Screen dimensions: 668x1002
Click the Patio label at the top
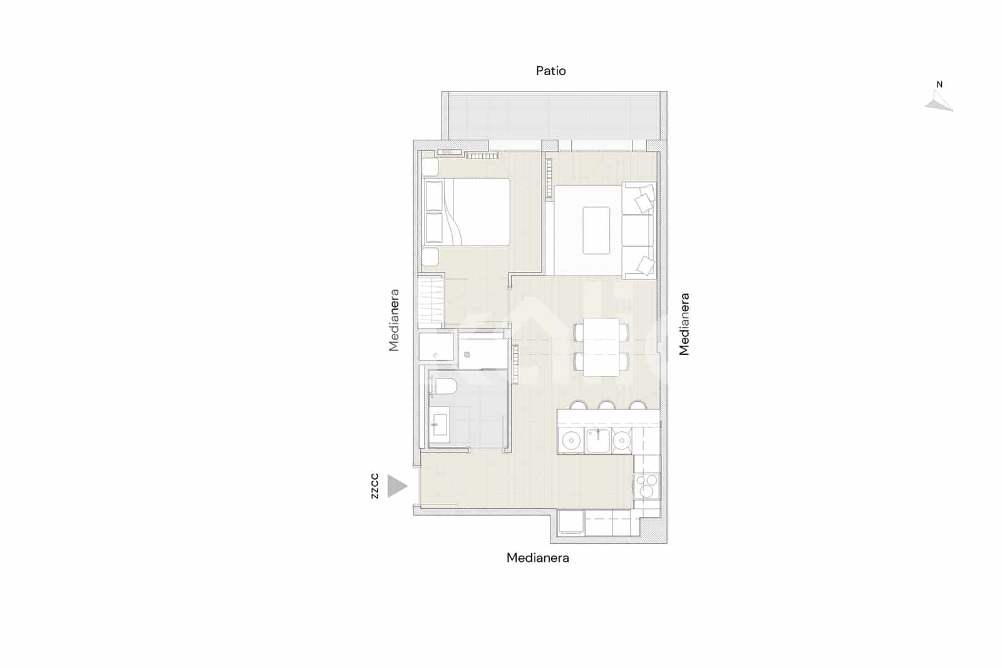pos(550,71)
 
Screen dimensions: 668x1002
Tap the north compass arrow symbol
pos(939,102)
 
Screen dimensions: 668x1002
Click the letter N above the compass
pos(939,85)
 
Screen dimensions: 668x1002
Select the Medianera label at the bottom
pos(537,558)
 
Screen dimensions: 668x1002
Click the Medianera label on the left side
pos(394,320)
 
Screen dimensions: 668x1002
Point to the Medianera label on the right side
pos(684,324)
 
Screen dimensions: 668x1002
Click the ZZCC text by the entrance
pos(374,486)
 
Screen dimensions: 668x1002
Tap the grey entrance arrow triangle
pos(396,486)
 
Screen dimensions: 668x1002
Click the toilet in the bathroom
pos(442,385)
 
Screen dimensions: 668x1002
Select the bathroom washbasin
pos(438,425)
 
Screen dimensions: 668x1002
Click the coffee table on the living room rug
pos(596,230)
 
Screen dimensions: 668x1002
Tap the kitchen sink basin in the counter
pos(598,440)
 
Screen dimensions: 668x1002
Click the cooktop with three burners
pos(647,486)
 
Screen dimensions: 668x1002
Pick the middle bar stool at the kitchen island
pos(606,405)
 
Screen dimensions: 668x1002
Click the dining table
pos(601,347)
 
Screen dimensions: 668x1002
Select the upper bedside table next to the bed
pos(430,167)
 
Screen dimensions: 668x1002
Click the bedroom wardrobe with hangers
pos(431,301)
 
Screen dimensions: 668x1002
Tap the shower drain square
pos(467,355)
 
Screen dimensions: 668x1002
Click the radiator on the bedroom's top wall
pos(482,155)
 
